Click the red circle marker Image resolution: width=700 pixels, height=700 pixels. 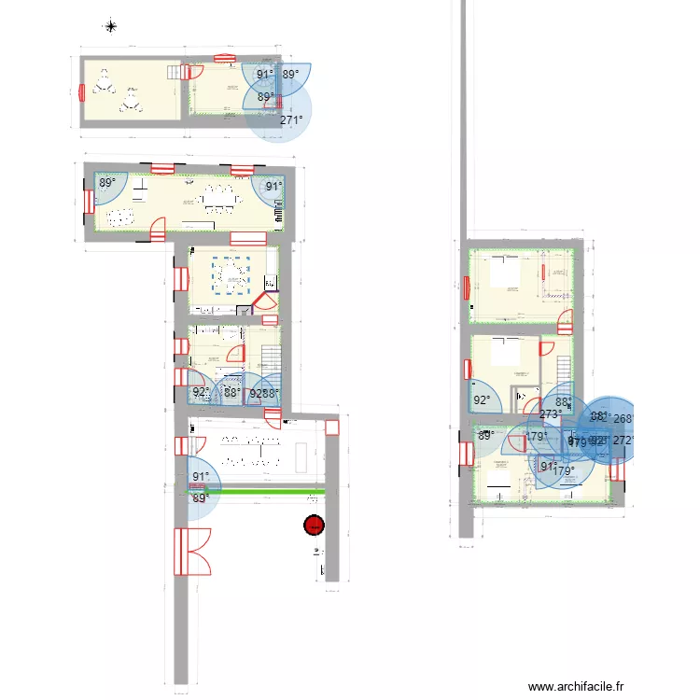click(314, 526)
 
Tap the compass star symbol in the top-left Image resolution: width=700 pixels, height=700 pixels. click(111, 26)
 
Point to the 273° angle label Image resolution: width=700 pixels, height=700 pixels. click(550, 414)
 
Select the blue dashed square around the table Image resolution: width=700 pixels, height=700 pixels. click(233, 275)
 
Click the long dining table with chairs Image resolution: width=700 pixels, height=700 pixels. click(221, 198)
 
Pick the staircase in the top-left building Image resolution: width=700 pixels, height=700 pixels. click(174, 72)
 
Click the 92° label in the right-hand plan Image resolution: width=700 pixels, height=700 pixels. click(482, 401)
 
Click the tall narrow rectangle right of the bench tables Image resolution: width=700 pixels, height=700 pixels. click(302, 455)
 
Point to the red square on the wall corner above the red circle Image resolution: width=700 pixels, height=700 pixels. click(331, 427)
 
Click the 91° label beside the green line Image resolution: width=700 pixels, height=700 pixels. click(201, 478)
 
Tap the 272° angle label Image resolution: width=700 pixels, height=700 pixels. click(624, 441)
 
